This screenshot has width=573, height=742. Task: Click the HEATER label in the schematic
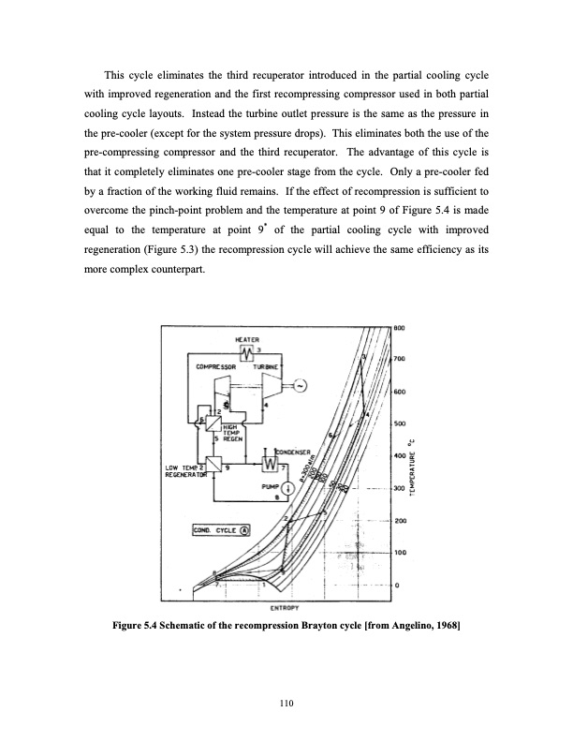point(248,338)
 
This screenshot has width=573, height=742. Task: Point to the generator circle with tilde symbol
point(301,386)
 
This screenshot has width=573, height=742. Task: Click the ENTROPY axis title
point(286,609)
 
